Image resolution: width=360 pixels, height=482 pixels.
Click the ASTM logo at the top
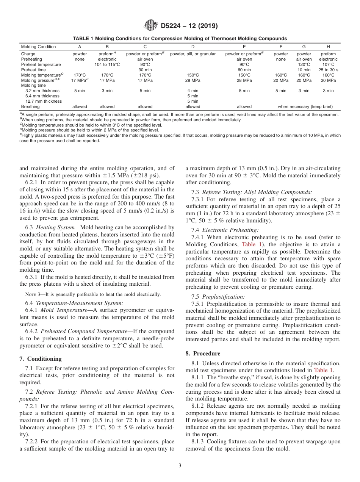151,26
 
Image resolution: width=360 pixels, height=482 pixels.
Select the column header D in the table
193,47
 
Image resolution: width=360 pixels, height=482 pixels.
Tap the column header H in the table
328,47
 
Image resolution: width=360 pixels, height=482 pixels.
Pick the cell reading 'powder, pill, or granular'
193,54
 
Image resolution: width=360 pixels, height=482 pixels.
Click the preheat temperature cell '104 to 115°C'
107,64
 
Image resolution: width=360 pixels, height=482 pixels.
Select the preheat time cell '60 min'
244,70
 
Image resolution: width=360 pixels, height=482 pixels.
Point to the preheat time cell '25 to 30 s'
328,70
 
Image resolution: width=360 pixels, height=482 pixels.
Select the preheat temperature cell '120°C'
304,64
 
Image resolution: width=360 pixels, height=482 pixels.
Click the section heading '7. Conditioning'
40,359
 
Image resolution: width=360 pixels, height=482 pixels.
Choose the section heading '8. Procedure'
203,354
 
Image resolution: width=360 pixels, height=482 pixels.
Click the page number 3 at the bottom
180,465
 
